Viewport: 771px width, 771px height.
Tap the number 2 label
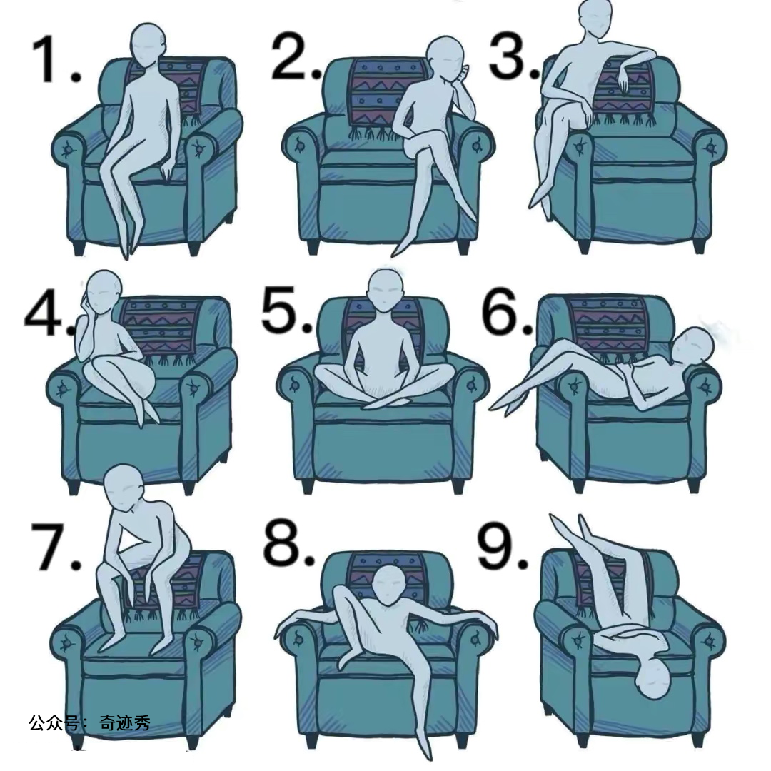coord(296,58)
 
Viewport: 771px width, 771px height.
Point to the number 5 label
coord(287,311)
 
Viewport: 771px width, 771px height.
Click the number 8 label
coord(288,543)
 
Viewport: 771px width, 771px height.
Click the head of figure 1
coord(148,44)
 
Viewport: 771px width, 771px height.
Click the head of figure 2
coord(446,59)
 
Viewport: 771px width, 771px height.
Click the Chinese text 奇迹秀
coord(125,722)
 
